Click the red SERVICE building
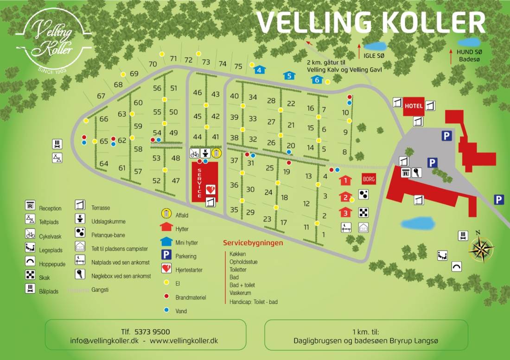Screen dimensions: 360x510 coord(205,181)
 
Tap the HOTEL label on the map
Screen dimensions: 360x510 coord(414,106)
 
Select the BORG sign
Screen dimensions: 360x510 coord(369,179)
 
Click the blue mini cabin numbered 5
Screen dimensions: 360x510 coord(289,76)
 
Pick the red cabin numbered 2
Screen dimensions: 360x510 coord(344,197)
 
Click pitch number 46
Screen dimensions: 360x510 coord(198,93)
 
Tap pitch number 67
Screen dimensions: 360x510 coord(101,96)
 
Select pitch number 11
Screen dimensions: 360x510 coord(306,227)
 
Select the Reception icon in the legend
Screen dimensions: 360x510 coord(30,205)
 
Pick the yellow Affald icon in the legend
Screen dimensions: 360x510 coord(166,214)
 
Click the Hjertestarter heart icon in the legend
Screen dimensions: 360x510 coord(166,268)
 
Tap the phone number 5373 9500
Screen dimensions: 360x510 coord(152,332)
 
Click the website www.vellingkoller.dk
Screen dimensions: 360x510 coord(184,341)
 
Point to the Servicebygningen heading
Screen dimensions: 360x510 coord(253,243)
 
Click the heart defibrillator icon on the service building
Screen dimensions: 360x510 coord(210,189)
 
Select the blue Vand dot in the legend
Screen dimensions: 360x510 coord(166,310)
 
